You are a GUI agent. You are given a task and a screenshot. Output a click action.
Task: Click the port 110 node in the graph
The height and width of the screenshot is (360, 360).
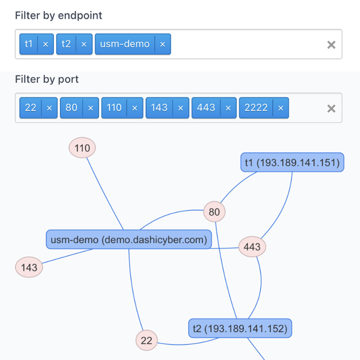point(82,148)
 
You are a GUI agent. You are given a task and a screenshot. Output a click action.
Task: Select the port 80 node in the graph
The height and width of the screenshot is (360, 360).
point(215,211)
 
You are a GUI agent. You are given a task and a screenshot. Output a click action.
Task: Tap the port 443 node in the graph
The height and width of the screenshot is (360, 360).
point(252,247)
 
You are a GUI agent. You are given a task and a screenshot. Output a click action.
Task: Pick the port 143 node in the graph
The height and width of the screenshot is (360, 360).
point(29,267)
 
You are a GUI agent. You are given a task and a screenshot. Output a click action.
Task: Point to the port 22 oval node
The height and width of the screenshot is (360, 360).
point(147,340)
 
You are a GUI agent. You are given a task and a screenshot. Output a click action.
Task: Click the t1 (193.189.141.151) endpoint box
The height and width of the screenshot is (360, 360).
point(292,162)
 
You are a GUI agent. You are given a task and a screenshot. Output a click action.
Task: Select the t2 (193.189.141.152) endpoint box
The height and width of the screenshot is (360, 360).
point(240,328)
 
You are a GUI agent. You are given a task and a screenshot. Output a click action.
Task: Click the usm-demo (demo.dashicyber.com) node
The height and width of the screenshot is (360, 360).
point(129,239)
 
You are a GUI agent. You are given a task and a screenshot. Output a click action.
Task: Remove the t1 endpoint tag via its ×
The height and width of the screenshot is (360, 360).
point(45,44)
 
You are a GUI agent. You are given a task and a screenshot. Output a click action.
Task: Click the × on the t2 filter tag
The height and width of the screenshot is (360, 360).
point(84,44)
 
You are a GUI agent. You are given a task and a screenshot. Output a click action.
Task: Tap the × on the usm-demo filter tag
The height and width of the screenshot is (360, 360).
point(163,44)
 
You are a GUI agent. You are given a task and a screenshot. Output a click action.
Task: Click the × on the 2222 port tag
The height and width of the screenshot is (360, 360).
point(280,108)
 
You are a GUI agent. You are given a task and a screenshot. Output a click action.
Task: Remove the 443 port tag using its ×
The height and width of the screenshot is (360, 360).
point(228,108)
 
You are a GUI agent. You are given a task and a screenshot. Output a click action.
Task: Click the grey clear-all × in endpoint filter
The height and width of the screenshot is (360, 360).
point(331,45)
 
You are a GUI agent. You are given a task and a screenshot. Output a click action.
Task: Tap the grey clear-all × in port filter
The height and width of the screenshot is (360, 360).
point(331,109)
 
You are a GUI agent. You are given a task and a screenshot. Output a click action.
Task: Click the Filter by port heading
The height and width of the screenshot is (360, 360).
point(47,80)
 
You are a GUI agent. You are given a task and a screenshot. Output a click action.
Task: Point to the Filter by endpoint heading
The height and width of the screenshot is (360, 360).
point(59,15)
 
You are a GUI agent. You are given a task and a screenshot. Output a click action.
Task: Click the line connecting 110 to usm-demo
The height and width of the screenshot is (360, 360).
point(105,194)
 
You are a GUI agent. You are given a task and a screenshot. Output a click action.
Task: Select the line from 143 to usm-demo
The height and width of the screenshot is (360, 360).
point(68,256)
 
